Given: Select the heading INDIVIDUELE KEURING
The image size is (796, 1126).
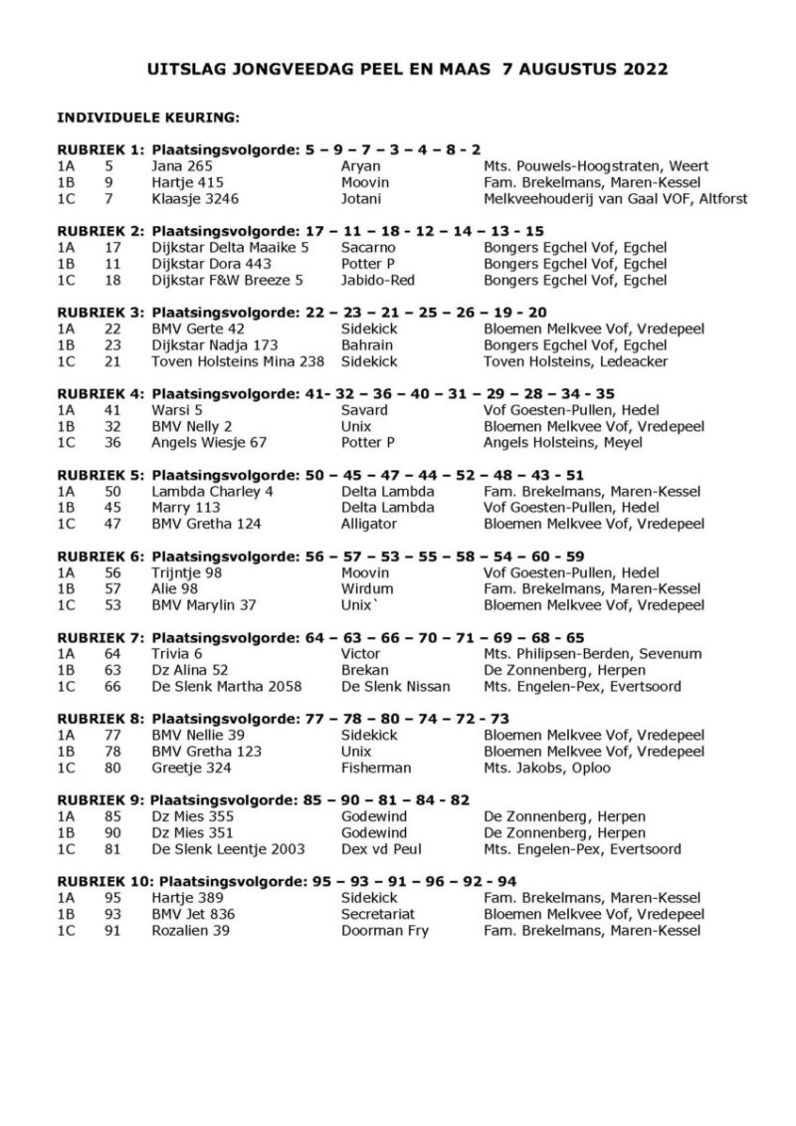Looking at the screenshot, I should pyautogui.click(x=148, y=117).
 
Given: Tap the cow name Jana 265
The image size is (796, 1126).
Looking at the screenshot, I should pyautogui.click(x=182, y=166).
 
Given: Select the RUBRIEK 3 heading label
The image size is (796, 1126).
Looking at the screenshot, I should pyautogui.click(x=100, y=313).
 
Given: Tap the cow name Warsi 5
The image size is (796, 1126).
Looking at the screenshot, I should pyautogui.click(x=178, y=410).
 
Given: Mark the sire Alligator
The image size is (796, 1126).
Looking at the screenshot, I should pyautogui.click(x=369, y=524).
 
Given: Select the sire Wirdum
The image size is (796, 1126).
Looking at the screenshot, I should pyautogui.click(x=365, y=588).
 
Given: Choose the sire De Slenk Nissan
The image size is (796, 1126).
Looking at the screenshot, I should pyautogui.click(x=394, y=687).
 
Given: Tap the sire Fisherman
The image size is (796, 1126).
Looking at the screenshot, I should pyautogui.click(x=374, y=768).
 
